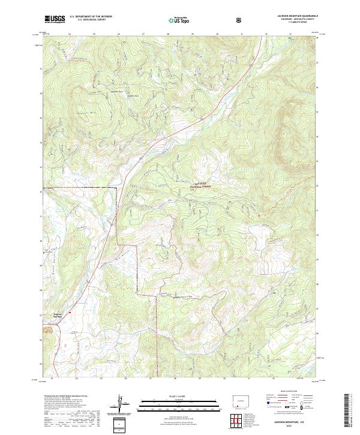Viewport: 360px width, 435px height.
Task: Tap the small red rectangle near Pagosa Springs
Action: point(70,312)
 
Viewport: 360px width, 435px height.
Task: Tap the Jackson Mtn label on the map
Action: point(89,112)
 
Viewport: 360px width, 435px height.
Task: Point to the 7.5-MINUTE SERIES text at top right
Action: point(296,24)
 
